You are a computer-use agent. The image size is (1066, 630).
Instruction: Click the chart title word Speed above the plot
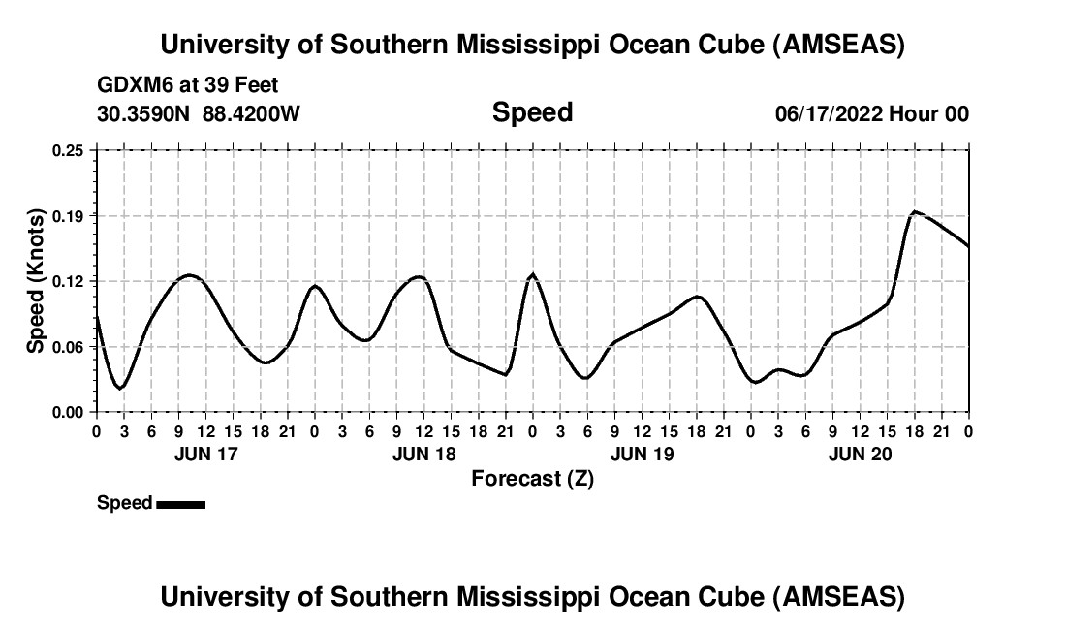(532, 112)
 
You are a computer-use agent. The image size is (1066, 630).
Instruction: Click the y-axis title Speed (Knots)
(36, 281)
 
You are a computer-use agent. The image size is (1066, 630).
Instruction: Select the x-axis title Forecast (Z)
(532, 478)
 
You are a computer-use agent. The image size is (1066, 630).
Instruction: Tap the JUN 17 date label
(205, 454)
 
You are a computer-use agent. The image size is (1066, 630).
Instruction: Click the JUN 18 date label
(423, 454)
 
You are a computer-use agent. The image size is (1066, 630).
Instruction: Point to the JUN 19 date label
(642, 454)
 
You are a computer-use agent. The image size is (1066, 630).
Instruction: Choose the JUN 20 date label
(860, 454)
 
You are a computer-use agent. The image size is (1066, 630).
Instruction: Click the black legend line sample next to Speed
(180, 504)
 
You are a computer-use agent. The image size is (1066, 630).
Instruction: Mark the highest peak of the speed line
(914, 211)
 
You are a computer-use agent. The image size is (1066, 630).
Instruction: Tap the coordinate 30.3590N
(144, 113)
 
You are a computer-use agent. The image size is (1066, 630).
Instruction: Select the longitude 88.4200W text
(251, 113)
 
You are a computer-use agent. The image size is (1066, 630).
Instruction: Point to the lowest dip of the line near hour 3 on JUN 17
(119, 388)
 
